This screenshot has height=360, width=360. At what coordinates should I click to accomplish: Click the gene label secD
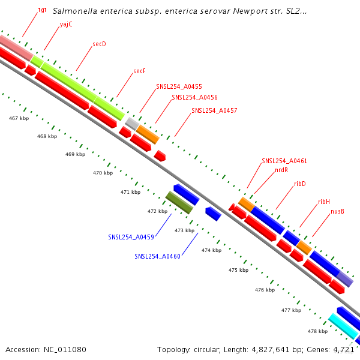tap(99, 44)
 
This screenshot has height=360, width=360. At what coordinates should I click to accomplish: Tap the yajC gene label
tap(66, 25)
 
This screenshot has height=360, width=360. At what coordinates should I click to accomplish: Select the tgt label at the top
tap(42, 11)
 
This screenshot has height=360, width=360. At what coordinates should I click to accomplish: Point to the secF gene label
tap(139, 71)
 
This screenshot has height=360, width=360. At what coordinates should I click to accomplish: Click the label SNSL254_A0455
tap(179, 86)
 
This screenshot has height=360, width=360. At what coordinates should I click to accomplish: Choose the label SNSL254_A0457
tap(214, 110)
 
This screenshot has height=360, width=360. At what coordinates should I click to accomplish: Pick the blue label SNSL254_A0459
tap(131, 237)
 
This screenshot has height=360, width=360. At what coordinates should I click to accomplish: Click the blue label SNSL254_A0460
tap(157, 256)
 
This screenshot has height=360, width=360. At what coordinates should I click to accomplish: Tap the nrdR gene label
tap(281, 170)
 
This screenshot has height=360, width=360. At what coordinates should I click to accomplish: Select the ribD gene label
tap(300, 184)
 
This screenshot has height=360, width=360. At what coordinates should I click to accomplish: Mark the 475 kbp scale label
tap(238, 270)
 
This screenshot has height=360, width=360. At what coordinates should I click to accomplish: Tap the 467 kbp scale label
tap(19, 118)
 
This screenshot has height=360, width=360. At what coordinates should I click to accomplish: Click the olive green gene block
tap(179, 202)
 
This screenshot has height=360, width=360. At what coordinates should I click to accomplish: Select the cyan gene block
tap(343, 326)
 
